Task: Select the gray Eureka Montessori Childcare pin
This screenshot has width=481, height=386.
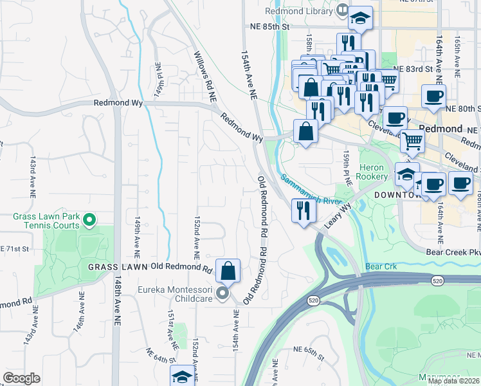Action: point(222,294)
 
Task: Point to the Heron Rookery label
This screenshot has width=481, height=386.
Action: point(373,172)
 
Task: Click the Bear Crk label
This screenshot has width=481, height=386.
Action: point(381,266)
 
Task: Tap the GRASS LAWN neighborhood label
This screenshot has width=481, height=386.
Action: point(118,267)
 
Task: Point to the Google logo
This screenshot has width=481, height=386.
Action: point(21,378)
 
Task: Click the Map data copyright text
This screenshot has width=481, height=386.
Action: point(453,381)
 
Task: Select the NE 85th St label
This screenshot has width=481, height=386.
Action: point(271,28)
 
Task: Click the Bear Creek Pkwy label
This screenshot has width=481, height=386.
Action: point(453,252)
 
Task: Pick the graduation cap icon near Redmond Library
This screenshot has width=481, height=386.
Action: point(361,18)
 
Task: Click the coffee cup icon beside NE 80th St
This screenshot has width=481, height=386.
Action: point(433,96)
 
